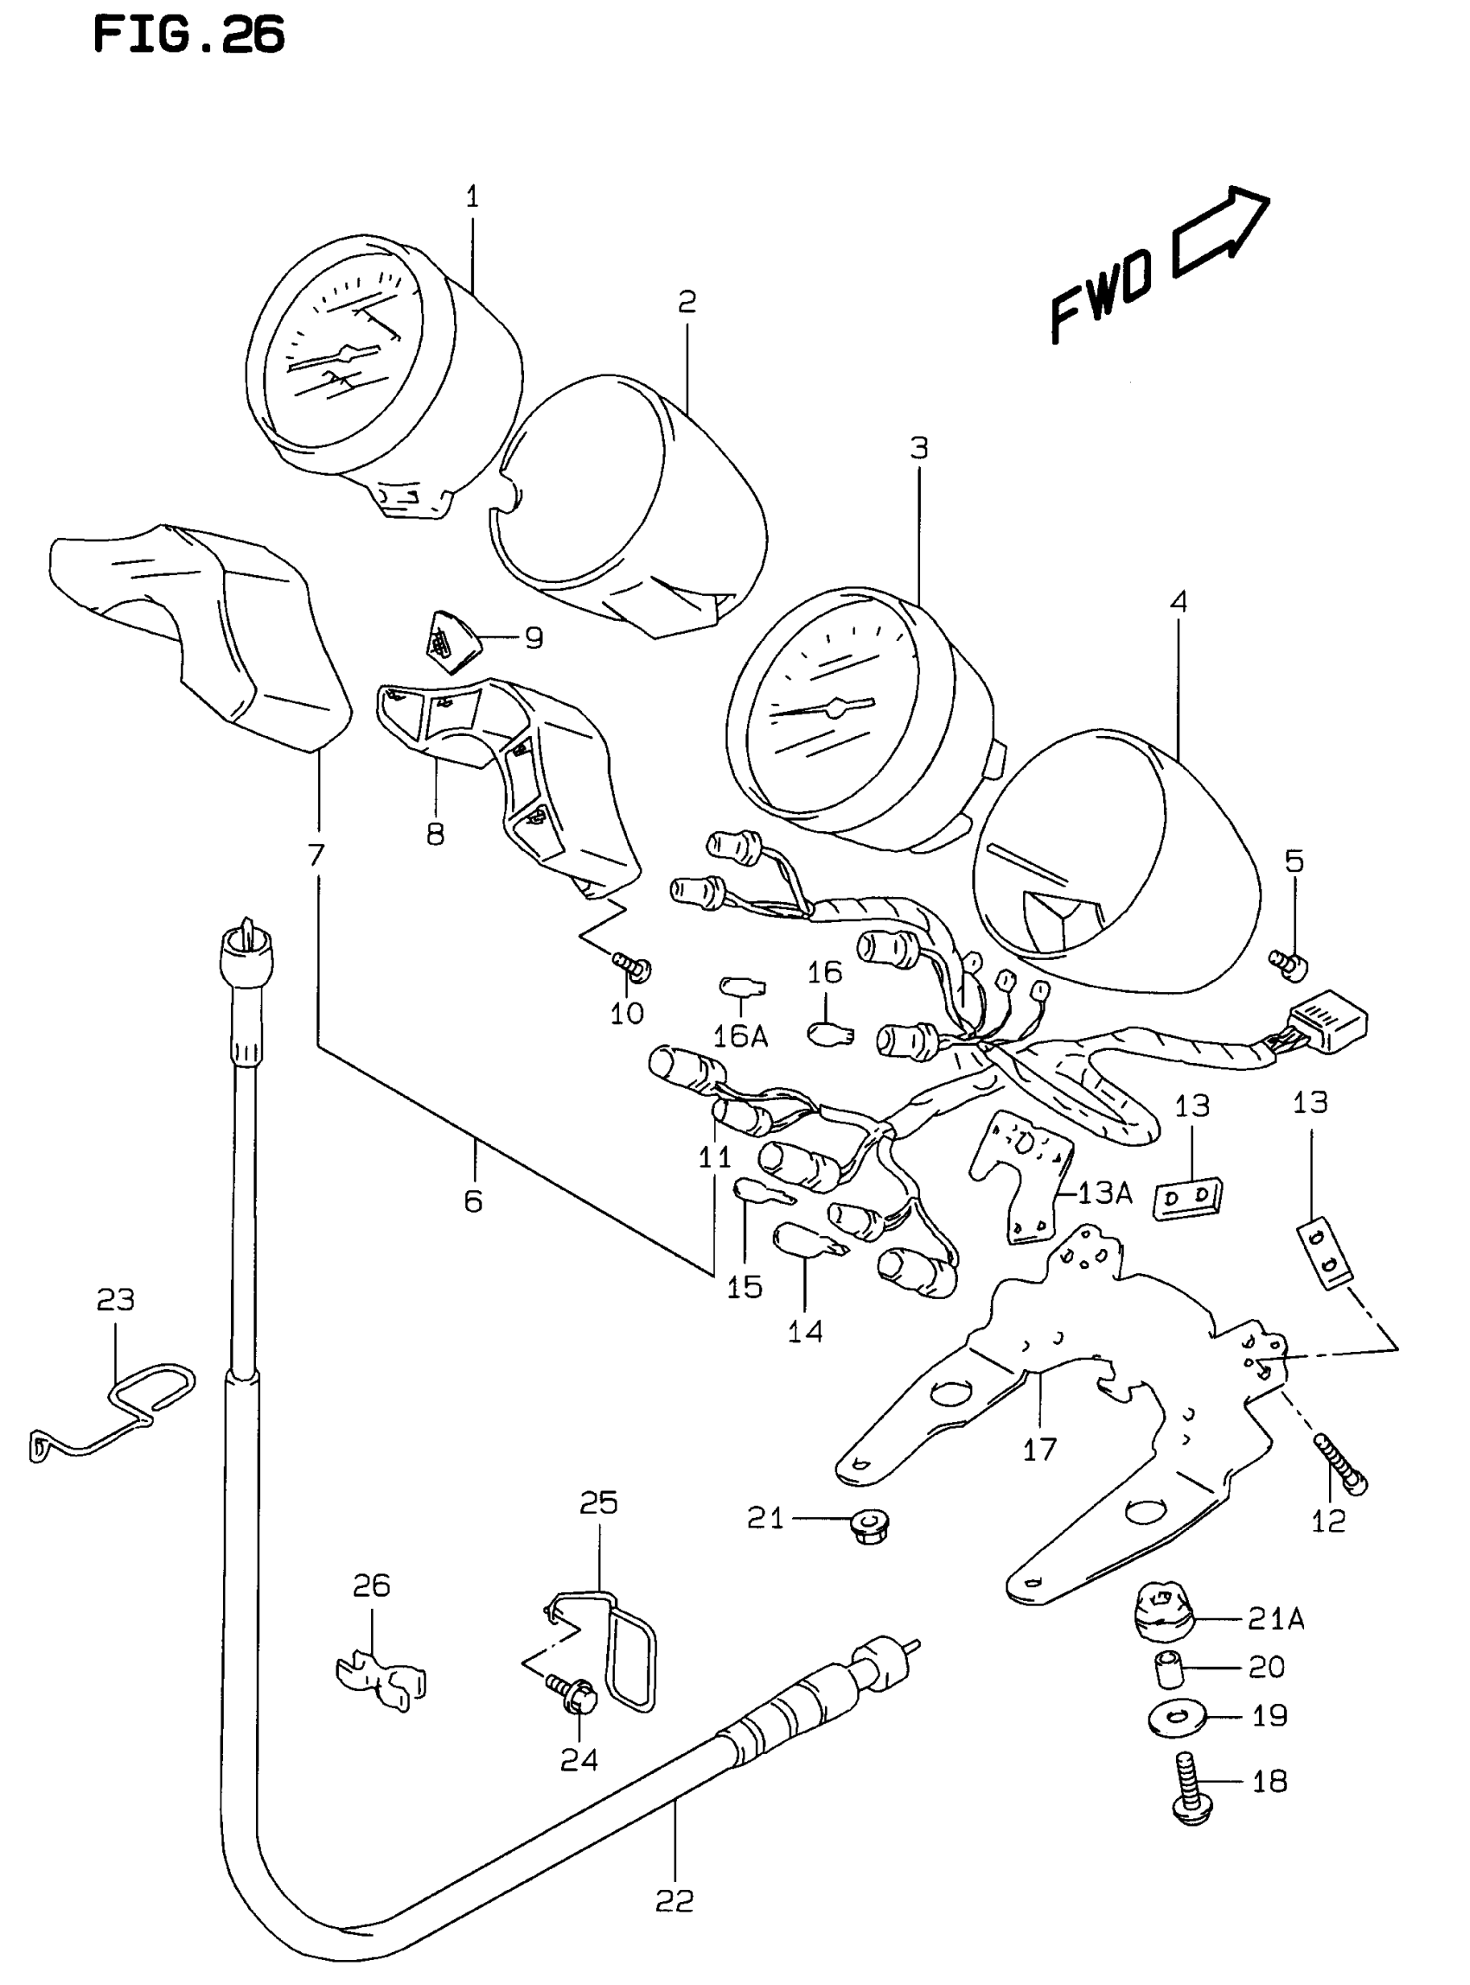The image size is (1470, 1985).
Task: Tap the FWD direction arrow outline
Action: coord(1221,230)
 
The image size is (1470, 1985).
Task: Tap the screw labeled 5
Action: coord(1288,964)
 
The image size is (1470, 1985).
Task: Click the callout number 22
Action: coord(674,1900)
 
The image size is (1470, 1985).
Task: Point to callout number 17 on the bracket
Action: coord(1039,1449)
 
